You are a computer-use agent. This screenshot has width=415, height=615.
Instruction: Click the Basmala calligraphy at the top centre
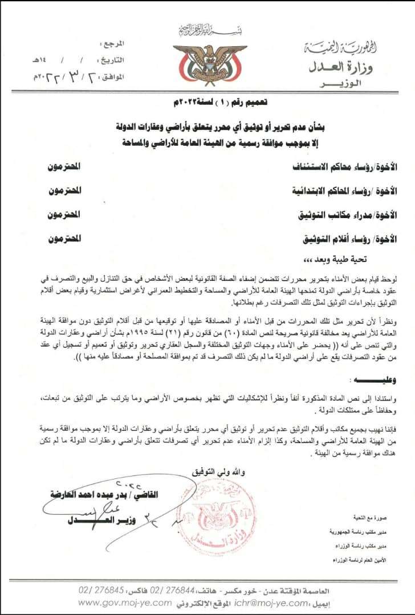(210, 29)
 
